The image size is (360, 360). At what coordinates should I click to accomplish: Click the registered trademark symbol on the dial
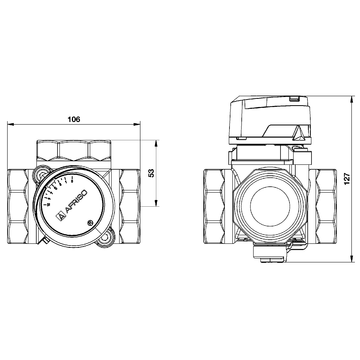pos(91,222)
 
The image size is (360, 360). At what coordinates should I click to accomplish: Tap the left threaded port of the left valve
pos(21,199)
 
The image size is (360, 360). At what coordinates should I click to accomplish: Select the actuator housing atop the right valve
pos(265,118)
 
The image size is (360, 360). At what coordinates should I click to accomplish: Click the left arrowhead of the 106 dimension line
pos(11,125)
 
